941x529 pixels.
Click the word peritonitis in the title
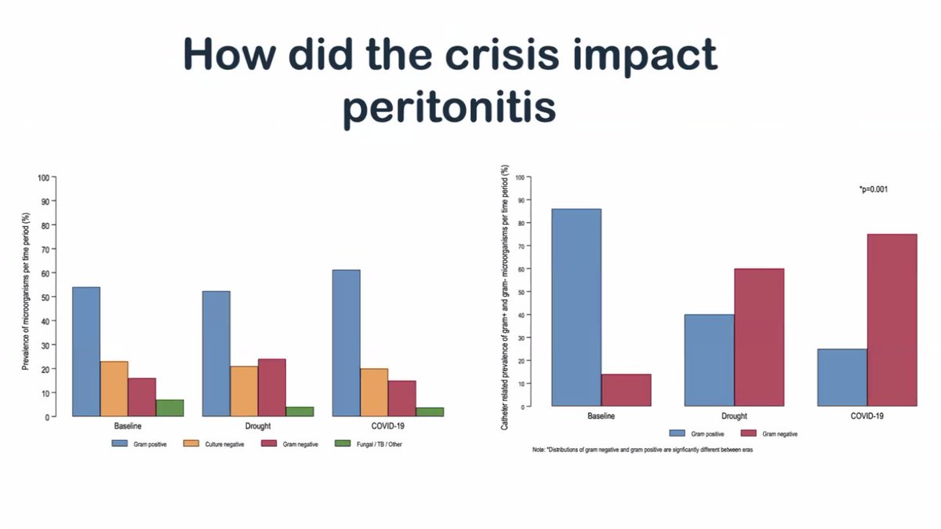(449, 108)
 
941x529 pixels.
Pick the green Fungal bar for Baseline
(169, 408)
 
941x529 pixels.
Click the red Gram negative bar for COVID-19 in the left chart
(401, 398)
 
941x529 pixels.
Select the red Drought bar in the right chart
(758, 337)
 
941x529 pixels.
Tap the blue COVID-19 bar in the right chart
(842, 378)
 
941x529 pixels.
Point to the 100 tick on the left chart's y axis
(43, 177)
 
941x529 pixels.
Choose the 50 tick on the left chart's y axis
(45, 297)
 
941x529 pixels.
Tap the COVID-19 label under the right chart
(867, 416)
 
